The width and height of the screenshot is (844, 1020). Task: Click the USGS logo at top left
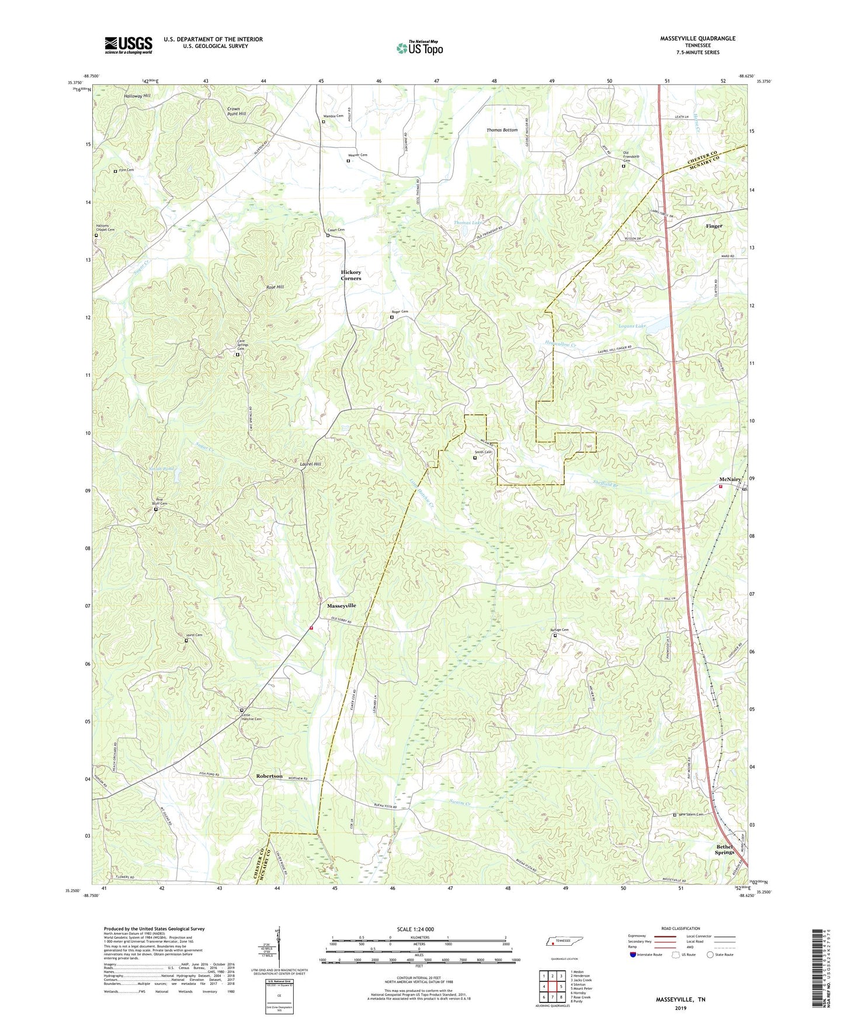[128, 45]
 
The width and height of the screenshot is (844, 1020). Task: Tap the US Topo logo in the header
[419, 48]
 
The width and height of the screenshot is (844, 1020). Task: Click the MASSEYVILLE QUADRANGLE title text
[697, 39]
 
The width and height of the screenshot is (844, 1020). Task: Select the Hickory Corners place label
[351, 275]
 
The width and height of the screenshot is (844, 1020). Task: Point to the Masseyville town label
[342, 606]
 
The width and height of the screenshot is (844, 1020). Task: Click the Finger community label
[714, 226]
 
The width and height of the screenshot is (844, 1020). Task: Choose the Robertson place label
[269, 776]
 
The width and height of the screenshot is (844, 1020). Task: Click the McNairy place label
[730, 480]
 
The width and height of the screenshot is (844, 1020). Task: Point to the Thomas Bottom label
[502, 130]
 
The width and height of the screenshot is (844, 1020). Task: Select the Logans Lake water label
[632, 325]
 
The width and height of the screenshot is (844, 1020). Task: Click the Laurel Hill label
[310, 464]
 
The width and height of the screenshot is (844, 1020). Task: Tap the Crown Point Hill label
[237, 112]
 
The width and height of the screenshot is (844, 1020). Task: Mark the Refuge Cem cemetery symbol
[555, 636]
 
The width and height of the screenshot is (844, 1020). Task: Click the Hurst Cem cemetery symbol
[186, 641]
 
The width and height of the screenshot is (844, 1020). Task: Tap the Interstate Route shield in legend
[633, 955]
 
